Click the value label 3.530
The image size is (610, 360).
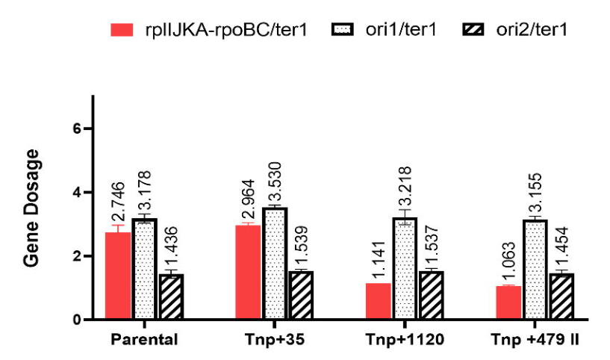point(276,181)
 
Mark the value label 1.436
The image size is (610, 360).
point(172,244)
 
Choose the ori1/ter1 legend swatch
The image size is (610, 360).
point(342,29)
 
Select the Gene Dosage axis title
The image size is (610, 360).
point(31,208)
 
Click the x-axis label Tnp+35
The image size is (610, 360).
point(276,340)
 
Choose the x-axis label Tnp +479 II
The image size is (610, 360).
point(538,340)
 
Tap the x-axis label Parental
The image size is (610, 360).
point(144,340)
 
